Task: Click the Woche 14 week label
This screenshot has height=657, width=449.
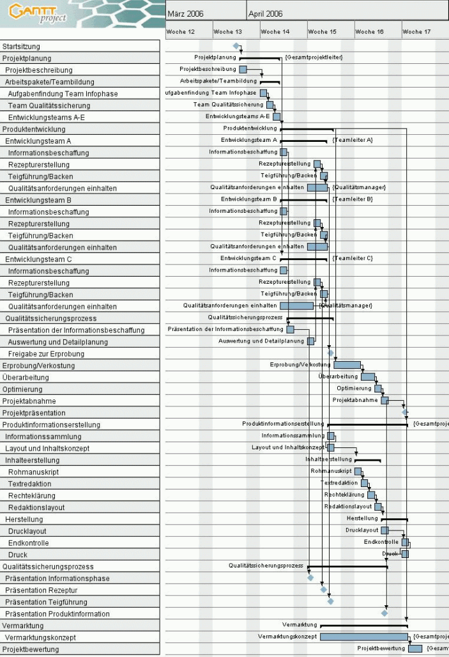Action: pos(275,31)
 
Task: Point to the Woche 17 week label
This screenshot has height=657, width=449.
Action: pos(416,31)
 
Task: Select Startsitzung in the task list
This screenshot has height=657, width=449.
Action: pos(21,46)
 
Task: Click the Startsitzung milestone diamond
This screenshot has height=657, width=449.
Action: pos(236,45)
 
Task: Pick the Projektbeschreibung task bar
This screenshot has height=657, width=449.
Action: pos(243,69)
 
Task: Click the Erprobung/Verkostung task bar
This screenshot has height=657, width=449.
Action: pos(347,364)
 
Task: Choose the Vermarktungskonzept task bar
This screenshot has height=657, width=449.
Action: pos(363,637)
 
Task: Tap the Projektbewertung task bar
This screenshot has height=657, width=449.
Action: pos(415,649)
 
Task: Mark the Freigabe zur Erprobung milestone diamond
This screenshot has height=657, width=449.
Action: pos(331,353)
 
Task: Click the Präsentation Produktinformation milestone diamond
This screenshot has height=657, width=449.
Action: pos(384,613)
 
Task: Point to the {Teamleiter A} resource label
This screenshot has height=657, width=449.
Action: pos(352,140)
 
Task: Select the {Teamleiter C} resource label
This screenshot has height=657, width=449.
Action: pos(352,258)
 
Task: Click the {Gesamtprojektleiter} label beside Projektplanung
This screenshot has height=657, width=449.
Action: pos(314,58)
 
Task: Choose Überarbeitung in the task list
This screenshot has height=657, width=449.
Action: pos(26,377)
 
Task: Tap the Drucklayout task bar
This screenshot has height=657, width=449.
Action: pos(384,530)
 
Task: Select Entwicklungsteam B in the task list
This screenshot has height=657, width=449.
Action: pos(38,200)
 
